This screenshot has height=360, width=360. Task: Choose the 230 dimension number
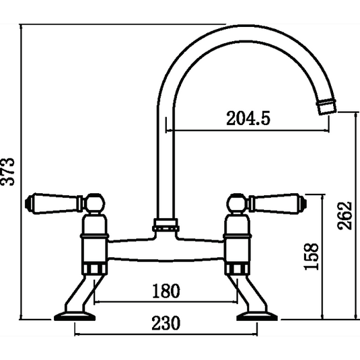[166, 323]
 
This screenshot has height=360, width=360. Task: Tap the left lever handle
[57, 201]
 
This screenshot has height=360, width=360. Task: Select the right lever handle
[275, 201]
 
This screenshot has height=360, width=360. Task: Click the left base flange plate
[74, 317]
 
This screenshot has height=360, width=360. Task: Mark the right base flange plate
[258, 317]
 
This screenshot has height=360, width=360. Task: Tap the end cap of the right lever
[304, 201]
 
